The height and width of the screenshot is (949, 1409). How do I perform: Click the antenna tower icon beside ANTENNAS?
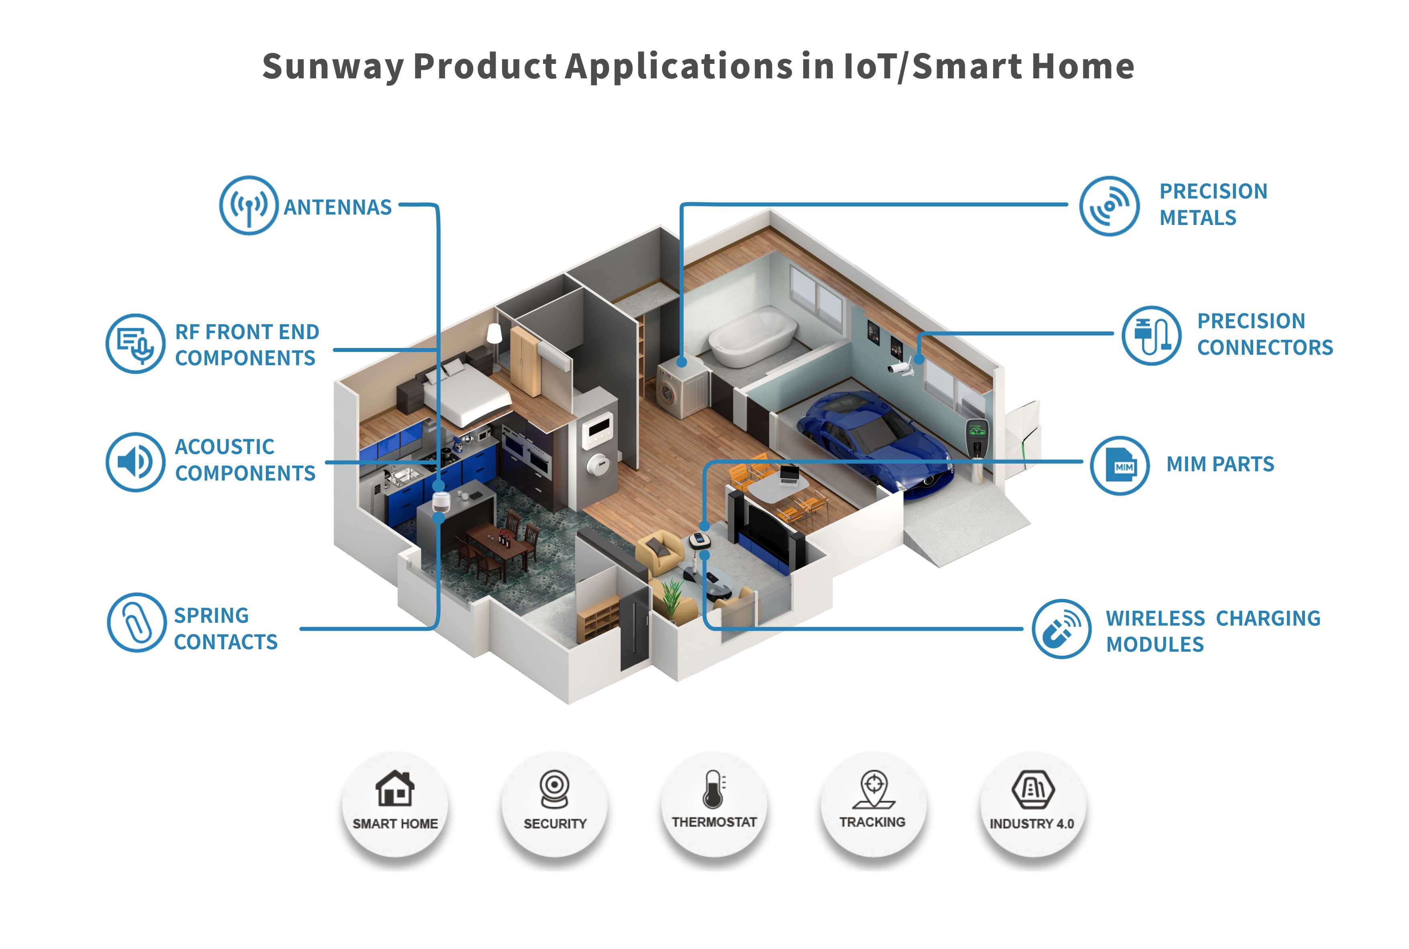249,206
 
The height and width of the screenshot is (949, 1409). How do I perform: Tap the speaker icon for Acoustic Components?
135,462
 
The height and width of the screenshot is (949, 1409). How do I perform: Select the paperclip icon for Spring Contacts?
137,622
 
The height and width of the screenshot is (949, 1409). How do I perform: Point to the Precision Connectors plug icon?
1151,335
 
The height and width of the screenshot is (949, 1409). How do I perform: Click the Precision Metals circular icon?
1109,206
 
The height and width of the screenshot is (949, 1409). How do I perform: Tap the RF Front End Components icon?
135,343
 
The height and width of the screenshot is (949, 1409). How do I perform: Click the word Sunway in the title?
333,67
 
